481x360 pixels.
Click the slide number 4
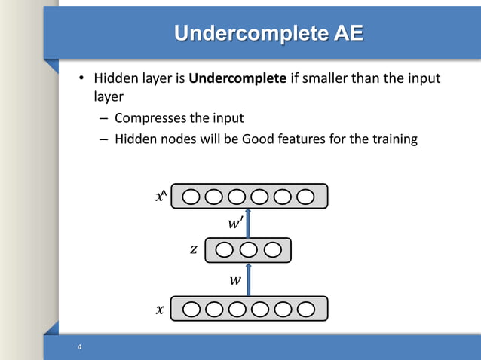[78, 347]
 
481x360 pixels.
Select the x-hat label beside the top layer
[159, 197]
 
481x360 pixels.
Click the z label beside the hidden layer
[194, 249]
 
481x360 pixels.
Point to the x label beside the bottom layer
[159, 309]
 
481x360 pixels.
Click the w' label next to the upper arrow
[235, 224]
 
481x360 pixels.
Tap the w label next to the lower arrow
[235, 280]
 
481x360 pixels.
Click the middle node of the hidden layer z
[249, 249]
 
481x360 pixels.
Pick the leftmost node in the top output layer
[191, 197]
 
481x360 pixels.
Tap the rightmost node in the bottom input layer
[305, 309]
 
